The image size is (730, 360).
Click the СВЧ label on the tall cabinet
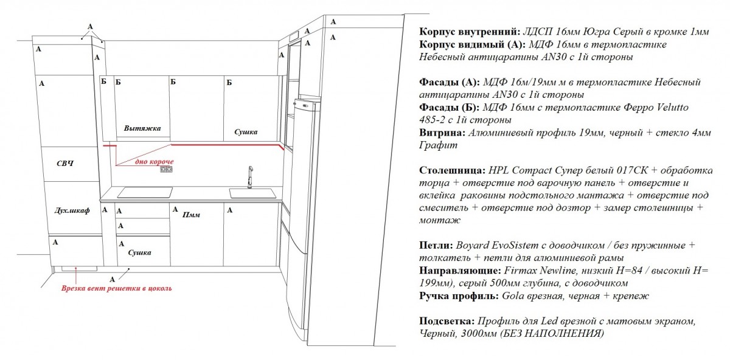[65, 163]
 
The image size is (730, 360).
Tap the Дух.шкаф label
[72, 210]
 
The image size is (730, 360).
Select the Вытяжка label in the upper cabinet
[142, 128]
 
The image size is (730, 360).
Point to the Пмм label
[191, 215]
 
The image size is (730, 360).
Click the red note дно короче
[155, 162]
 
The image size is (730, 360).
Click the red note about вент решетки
[116, 288]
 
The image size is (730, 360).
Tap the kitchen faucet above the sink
[250, 177]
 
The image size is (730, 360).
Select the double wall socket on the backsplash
[166, 169]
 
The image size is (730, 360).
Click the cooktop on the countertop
[145, 192]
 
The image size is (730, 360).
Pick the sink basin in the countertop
[252, 193]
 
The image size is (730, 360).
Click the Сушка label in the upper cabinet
[246, 132]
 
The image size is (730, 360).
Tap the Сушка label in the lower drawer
[139, 252]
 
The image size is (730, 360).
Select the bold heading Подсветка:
[447, 321]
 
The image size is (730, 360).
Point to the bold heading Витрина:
[442, 133]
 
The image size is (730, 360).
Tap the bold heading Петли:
[436, 245]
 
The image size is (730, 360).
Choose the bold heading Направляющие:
[460, 271]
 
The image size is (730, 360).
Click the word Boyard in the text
[472, 245]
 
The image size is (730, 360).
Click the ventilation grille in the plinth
[79, 269]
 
